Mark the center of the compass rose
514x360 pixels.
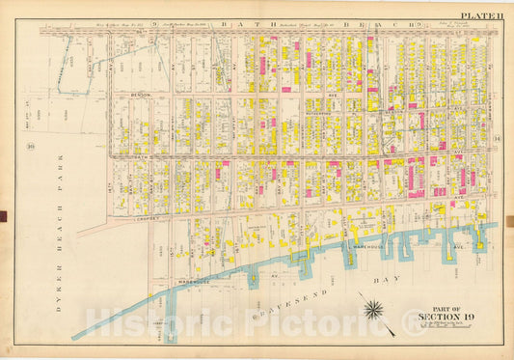(373, 310)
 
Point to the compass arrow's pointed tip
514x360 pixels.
(394, 334)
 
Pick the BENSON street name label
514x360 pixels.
(142, 97)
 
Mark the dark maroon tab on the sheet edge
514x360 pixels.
(5, 216)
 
